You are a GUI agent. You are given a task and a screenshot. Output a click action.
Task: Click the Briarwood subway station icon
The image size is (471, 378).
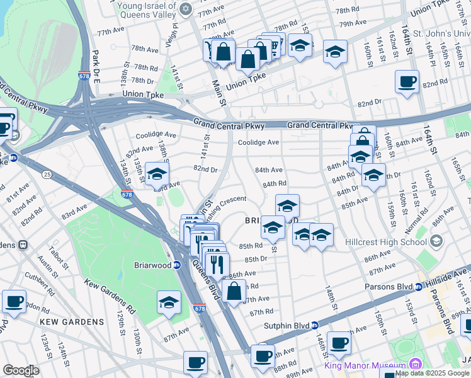178,265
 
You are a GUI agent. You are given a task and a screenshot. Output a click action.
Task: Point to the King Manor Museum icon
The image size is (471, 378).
415,365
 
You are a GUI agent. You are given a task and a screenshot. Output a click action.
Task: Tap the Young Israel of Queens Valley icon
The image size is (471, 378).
184,9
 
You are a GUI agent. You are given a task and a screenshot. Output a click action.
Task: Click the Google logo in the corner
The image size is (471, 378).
21,370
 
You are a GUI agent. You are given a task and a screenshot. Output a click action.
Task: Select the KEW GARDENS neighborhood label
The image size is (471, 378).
71,322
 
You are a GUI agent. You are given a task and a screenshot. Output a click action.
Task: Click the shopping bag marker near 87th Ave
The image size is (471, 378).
234,291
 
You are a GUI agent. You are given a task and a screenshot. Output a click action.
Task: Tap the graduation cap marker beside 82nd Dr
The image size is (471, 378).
157,175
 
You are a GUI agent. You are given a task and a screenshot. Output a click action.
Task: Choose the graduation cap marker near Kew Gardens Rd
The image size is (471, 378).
169,302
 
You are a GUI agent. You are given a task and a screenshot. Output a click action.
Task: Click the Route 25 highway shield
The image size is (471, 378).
47,173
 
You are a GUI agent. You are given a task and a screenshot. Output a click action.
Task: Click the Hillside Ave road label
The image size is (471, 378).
450,272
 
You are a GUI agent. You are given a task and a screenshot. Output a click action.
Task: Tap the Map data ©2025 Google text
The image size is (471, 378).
432,373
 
